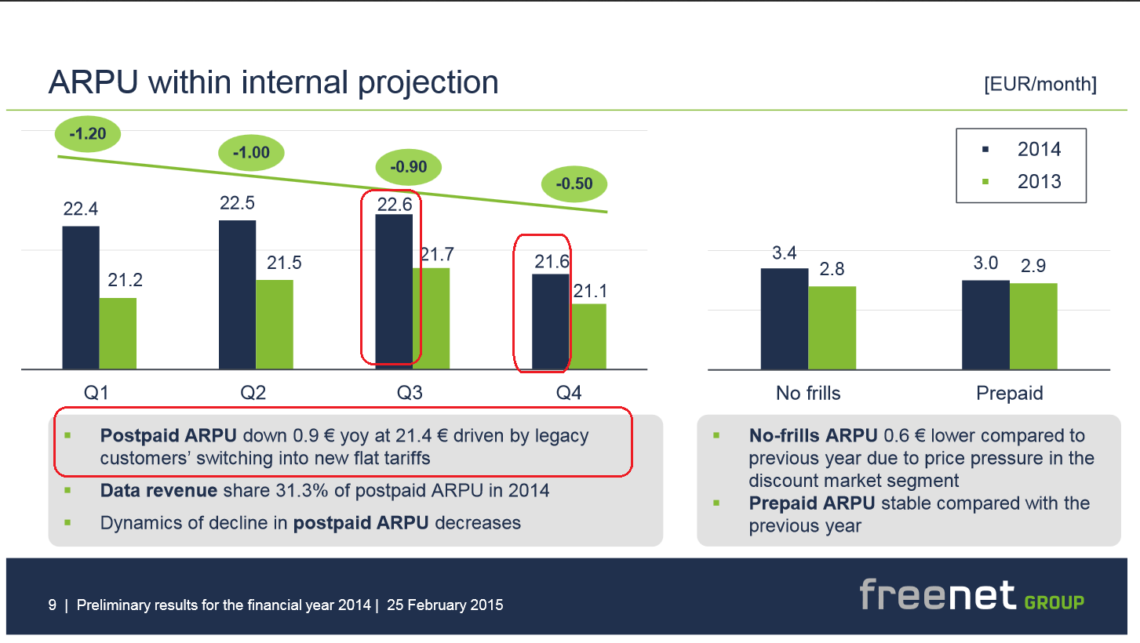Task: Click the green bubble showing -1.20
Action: [x=87, y=134]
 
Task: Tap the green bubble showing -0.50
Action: [x=574, y=184]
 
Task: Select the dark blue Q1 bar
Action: [x=81, y=297]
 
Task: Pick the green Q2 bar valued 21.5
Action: [x=275, y=324]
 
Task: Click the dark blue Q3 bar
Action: [x=394, y=291]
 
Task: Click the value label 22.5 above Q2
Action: [x=238, y=203]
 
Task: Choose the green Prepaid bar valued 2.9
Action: [x=1033, y=326]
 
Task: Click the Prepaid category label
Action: [x=1010, y=393]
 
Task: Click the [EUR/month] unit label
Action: [x=1040, y=85]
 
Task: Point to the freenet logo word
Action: [x=937, y=596]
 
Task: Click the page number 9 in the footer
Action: [x=53, y=605]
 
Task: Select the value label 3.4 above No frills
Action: [x=785, y=252]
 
